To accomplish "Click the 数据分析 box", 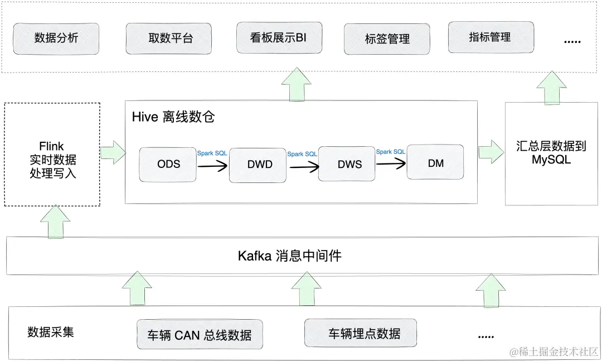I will coord(56,38).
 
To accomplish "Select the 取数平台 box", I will coord(168,38).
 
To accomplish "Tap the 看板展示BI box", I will coord(279,38).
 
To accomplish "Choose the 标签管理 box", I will coord(387,39).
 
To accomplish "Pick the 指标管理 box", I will coord(491,37).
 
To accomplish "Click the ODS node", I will coord(168,164).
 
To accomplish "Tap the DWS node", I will coord(347,164).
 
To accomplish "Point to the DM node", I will coord(435,162).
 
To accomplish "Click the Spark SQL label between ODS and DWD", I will coord(212,153).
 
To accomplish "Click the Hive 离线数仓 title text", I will coord(173,117).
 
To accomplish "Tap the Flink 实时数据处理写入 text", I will coord(52,160).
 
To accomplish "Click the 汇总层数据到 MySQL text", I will coord(551,153).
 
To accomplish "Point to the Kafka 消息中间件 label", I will coord(289,256).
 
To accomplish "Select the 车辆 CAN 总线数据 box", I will coord(200,335).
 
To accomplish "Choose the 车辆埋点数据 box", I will coord(361,334).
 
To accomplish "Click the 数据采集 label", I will coord(50,333).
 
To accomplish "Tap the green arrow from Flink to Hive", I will coord(113,152).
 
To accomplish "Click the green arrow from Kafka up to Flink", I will coord(55,222).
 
